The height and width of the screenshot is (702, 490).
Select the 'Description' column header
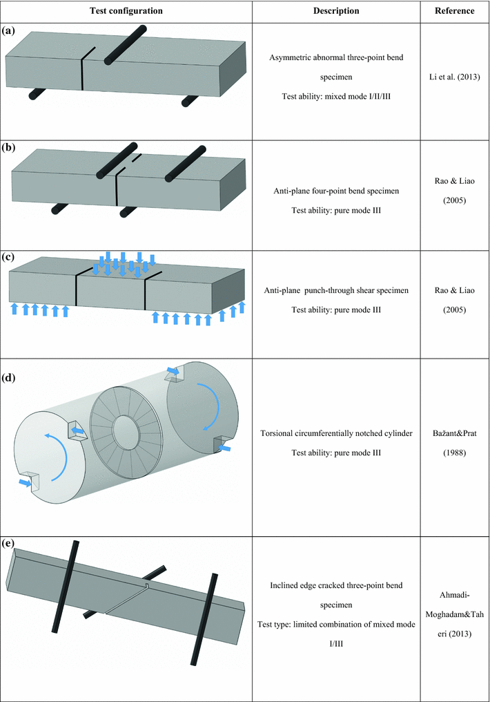coord(336,11)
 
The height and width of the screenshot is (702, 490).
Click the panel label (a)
coord(10,31)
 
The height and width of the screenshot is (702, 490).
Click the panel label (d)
coord(10,378)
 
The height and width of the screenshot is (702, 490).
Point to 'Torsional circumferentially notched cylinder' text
coord(336,434)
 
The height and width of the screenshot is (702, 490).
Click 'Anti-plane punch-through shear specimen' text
coord(336,291)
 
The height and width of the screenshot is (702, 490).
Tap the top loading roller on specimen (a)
coord(124,42)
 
